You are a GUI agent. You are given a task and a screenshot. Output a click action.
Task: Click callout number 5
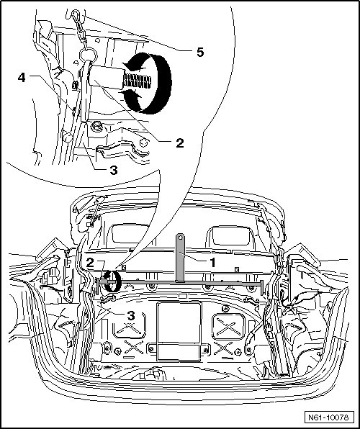click(x=200, y=52)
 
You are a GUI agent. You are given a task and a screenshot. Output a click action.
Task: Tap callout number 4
click(x=22, y=78)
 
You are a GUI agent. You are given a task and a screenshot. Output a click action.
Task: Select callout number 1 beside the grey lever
click(x=212, y=262)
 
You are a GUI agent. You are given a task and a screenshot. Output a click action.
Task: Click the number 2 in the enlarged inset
click(x=179, y=143)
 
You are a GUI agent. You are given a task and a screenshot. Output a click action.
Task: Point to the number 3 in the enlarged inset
click(x=114, y=170)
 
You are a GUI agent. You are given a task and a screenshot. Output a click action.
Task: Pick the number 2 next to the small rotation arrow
click(x=90, y=263)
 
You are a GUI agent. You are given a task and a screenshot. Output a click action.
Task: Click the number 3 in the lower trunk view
click(x=131, y=315)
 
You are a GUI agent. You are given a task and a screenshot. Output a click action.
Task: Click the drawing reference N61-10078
click(x=328, y=417)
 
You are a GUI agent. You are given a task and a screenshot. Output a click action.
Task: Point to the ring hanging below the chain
click(x=89, y=55)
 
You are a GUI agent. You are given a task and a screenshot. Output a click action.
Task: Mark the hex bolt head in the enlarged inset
click(x=96, y=127)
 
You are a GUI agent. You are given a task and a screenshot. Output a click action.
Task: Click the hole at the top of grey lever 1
click(x=181, y=238)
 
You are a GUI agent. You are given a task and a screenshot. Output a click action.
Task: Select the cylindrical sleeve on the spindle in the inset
click(x=107, y=76)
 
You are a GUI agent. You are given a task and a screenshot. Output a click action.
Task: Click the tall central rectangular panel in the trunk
click(x=179, y=331)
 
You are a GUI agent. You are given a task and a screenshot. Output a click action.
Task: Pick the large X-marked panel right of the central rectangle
click(x=228, y=327)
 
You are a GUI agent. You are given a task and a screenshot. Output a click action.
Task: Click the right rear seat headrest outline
click(x=231, y=235)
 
